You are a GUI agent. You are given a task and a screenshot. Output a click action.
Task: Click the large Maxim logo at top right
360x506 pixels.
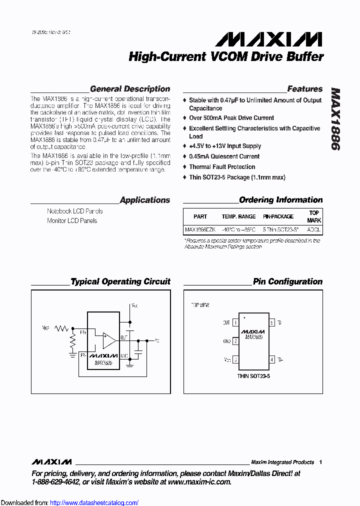pyautogui.click(x=265, y=39)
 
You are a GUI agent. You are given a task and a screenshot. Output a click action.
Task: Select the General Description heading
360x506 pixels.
pyautogui.click(x=130, y=89)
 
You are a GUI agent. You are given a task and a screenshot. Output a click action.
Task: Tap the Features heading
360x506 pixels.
pyautogui.click(x=304, y=89)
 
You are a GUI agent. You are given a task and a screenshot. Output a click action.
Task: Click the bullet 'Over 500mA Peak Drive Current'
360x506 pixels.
pyautogui.click(x=231, y=118)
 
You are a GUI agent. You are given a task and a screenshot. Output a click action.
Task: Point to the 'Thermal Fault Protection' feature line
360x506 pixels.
pyautogui.click(x=222, y=167)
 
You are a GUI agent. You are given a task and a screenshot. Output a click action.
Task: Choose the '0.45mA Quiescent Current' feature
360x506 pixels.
pyautogui.click(x=224, y=156)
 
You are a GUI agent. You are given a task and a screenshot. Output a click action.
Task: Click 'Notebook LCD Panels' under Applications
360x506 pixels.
pyautogui.click(x=75, y=211)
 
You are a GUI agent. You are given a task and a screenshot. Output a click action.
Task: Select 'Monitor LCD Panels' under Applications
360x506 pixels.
pyautogui.click(x=72, y=220)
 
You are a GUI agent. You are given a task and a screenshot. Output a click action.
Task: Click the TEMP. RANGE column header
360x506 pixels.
pyautogui.click(x=238, y=216)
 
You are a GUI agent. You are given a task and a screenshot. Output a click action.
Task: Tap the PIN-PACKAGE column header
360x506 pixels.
pyautogui.click(x=278, y=216)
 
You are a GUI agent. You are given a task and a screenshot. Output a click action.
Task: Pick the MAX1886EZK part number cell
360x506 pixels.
pyautogui.click(x=200, y=230)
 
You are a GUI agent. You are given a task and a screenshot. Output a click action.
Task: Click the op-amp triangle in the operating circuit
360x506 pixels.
pyautogui.click(x=108, y=340)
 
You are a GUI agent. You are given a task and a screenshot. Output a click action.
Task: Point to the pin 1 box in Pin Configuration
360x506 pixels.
pyautogui.click(x=235, y=323)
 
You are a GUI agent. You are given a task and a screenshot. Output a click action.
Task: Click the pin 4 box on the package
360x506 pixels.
pyautogui.click(x=272, y=359)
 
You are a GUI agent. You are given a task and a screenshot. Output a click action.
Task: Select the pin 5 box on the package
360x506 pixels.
pyautogui.click(x=272, y=323)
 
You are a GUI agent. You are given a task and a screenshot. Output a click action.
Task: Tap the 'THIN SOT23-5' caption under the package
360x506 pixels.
pyautogui.click(x=253, y=375)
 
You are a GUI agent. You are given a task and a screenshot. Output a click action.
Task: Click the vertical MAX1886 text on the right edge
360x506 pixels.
pyautogui.click(x=334, y=120)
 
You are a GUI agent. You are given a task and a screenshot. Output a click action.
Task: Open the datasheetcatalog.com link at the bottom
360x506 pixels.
pyautogui.click(x=94, y=502)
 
